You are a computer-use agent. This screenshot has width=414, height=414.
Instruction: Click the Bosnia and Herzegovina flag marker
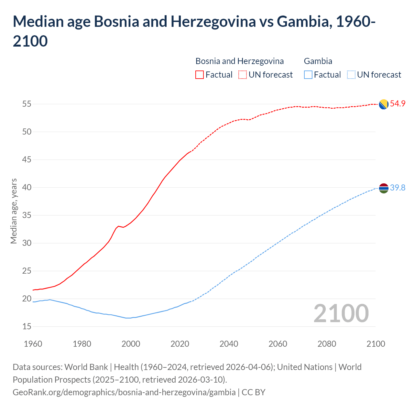click(x=384, y=104)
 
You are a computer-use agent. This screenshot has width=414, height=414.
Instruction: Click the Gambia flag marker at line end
click(x=384, y=188)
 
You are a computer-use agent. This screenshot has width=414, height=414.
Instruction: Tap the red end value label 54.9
click(x=398, y=104)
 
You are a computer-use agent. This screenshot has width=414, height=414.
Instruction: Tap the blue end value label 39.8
click(x=398, y=188)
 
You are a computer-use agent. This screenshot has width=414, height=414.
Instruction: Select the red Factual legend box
click(x=200, y=75)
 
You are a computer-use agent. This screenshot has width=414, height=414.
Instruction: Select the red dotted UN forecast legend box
click(x=243, y=75)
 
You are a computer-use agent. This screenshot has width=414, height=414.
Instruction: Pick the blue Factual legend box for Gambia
click(x=308, y=75)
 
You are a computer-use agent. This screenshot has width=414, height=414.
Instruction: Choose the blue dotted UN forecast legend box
click(x=351, y=75)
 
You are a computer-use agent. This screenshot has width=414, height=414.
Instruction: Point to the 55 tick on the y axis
click(x=27, y=104)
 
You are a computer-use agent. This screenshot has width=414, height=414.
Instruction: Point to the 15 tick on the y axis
click(x=27, y=327)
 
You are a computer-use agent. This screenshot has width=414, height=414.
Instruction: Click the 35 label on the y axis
click(x=27, y=215)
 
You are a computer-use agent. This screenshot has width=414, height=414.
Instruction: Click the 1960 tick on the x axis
click(x=33, y=343)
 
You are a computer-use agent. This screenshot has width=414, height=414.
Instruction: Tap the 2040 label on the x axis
click(x=229, y=343)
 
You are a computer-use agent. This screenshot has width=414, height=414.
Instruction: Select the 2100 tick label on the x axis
click(x=376, y=343)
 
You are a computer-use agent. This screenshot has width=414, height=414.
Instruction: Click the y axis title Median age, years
click(x=14, y=211)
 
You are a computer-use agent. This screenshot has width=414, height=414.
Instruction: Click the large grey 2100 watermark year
click(x=341, y=313)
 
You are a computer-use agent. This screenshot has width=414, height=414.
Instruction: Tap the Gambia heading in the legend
click(x=318, y=61)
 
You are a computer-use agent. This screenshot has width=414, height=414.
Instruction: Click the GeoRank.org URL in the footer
click(x=124, y=392)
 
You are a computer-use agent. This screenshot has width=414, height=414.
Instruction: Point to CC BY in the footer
click(x=254, y=392)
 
